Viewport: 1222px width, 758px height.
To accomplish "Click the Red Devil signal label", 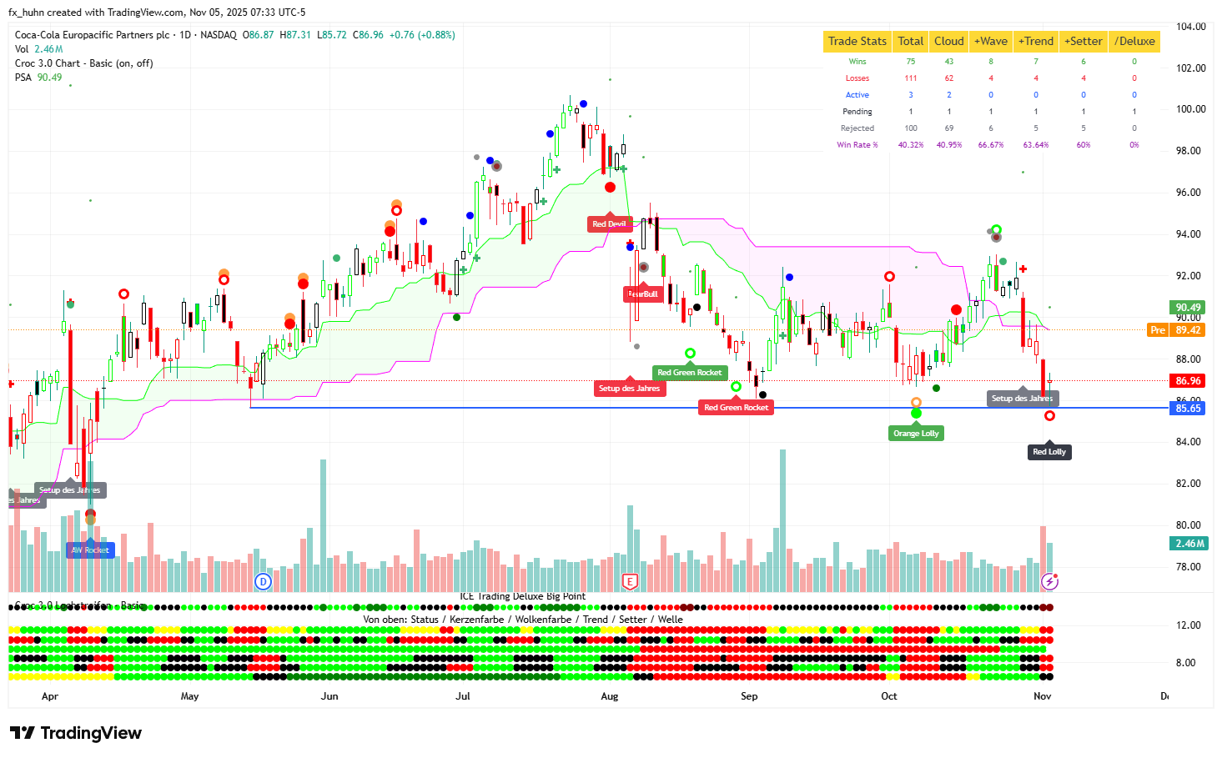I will [x=609, y=224].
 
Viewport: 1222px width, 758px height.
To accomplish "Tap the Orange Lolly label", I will [x=916, y=434].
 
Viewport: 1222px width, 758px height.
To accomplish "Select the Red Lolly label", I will [x=1049, y=452].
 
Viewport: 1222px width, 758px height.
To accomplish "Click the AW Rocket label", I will [x=90, y=550].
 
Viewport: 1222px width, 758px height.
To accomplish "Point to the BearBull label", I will [x=643, y=294].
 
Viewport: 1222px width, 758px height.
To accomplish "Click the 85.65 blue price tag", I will [x=1188, y=409].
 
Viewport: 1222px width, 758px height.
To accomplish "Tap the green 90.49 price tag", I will [x=1188, y=308].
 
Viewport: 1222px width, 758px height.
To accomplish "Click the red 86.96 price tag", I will [x=1188, y=381].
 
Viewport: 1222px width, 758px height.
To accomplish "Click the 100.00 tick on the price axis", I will [x=1190, y=109].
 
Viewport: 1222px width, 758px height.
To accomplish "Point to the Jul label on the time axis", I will [x=463, y=696].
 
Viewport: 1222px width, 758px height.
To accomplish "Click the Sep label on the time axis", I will [x=749, y=696].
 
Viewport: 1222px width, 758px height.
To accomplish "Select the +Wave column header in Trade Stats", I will [x=991, y=41].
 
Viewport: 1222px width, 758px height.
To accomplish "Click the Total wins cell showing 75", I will [x=911, y=62].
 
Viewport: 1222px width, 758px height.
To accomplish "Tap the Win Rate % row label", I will [x=857, y=145].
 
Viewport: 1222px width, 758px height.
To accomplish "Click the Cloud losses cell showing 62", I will [x=949, y=78].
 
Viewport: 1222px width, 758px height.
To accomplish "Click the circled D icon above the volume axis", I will [x=264, y=582].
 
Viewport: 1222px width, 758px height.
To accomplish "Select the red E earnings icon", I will [x=630, y=582].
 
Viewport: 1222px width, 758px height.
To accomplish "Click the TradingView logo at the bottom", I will [x=76, y=733].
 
